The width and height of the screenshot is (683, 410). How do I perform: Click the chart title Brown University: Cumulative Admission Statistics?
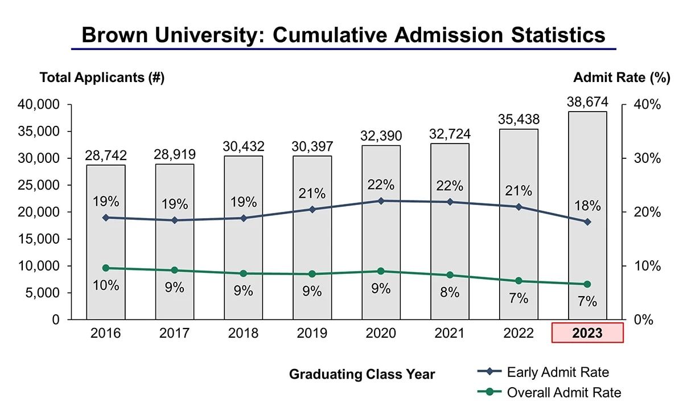click(343, 35)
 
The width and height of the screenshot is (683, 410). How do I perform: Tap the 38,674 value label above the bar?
click(587, 102)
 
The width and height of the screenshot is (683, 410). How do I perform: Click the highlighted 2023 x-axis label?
click(587, 333)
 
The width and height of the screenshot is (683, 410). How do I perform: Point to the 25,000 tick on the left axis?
click(40, 185)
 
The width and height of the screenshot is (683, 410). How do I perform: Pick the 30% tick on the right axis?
click(648, 158)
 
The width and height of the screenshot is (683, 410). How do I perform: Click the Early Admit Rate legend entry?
click(557, 372)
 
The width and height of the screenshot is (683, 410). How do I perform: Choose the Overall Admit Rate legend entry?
click(563, 392)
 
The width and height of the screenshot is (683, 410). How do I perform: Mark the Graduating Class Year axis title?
click(362, 374)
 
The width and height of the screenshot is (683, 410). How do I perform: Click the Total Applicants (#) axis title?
click(102, 78)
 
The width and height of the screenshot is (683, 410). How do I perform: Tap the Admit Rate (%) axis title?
click(622, 78)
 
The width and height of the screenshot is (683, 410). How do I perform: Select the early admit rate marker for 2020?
click(381, 201)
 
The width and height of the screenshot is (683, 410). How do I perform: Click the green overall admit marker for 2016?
click(106, 268)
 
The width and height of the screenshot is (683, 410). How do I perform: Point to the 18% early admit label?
click(587, 206)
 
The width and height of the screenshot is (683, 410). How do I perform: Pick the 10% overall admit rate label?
click(106, 285)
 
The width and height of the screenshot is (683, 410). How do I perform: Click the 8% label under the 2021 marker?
click(450, 293)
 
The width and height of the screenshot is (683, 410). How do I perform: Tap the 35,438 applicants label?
click(519, 120)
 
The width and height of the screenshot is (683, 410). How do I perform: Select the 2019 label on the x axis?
click(312, 333)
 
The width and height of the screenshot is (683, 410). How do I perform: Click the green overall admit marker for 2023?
click(587, 284)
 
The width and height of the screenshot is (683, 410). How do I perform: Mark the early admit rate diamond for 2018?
click(244, 218)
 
